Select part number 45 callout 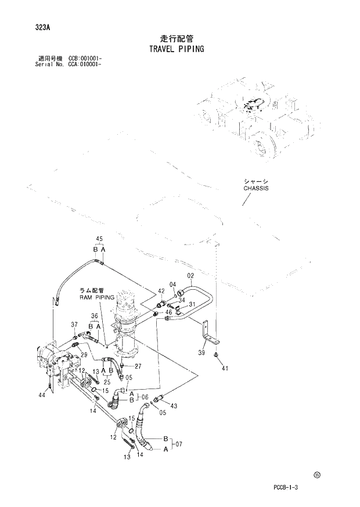tap(99, 239)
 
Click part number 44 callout tap(41, 395)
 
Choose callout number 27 tap(138, 366)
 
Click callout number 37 tap(74, 324)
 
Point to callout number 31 tap(191, 305)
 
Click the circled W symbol tap(317, 474)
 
